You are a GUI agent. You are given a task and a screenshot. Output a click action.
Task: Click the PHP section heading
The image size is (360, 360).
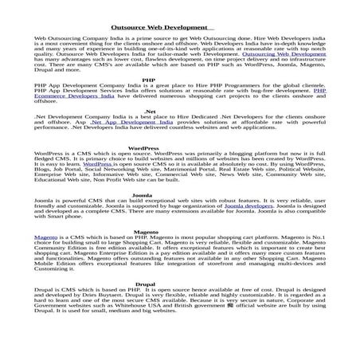pos(148,80)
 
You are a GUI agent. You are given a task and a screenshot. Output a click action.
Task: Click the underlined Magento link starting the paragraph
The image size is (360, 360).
pos(45,237)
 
